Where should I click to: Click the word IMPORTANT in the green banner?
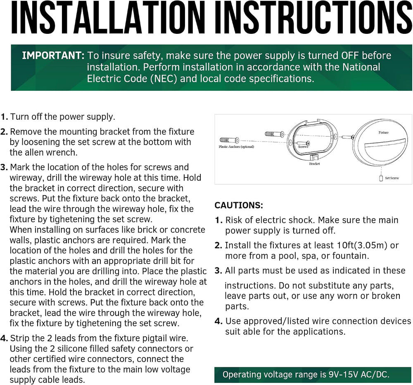53,56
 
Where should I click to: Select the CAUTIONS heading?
239,205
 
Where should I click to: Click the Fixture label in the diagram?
384,132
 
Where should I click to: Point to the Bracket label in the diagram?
314,164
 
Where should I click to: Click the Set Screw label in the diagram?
392,178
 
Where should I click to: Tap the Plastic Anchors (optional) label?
236,146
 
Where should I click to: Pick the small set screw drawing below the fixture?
381,178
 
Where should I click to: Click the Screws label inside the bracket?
303,146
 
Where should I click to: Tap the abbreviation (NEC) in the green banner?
164,79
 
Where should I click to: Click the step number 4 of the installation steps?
4,338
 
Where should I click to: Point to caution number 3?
218,271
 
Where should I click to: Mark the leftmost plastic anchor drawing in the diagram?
229,140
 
